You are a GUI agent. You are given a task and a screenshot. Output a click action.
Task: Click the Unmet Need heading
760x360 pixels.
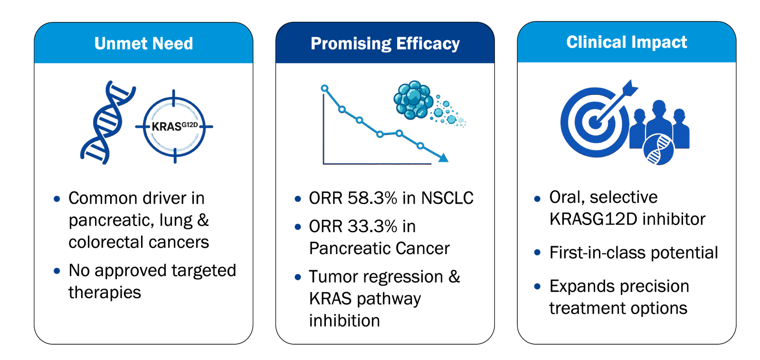coord(143,43)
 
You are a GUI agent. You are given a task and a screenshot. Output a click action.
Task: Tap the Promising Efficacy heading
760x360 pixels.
coord(385,44)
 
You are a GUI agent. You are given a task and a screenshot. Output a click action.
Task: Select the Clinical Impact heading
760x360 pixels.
coord(627,42)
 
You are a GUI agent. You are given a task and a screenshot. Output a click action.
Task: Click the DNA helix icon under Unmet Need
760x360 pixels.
coord(108,123)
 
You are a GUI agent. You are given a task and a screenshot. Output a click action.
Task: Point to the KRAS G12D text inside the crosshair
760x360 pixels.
coord(175,126)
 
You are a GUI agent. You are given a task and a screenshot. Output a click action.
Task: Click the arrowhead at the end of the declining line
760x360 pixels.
coord(443,158)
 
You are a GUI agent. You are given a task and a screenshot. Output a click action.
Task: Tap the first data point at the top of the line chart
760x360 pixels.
coord(325,88)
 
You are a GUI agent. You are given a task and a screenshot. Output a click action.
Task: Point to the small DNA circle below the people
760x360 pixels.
coord(658,149)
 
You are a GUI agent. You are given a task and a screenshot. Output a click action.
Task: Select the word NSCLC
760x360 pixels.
coord(447,198)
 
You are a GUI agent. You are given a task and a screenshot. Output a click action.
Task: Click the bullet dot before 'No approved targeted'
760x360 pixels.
coord(57,271)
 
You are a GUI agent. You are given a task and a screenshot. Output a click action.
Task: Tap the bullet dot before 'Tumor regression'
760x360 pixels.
coord(298,277)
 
